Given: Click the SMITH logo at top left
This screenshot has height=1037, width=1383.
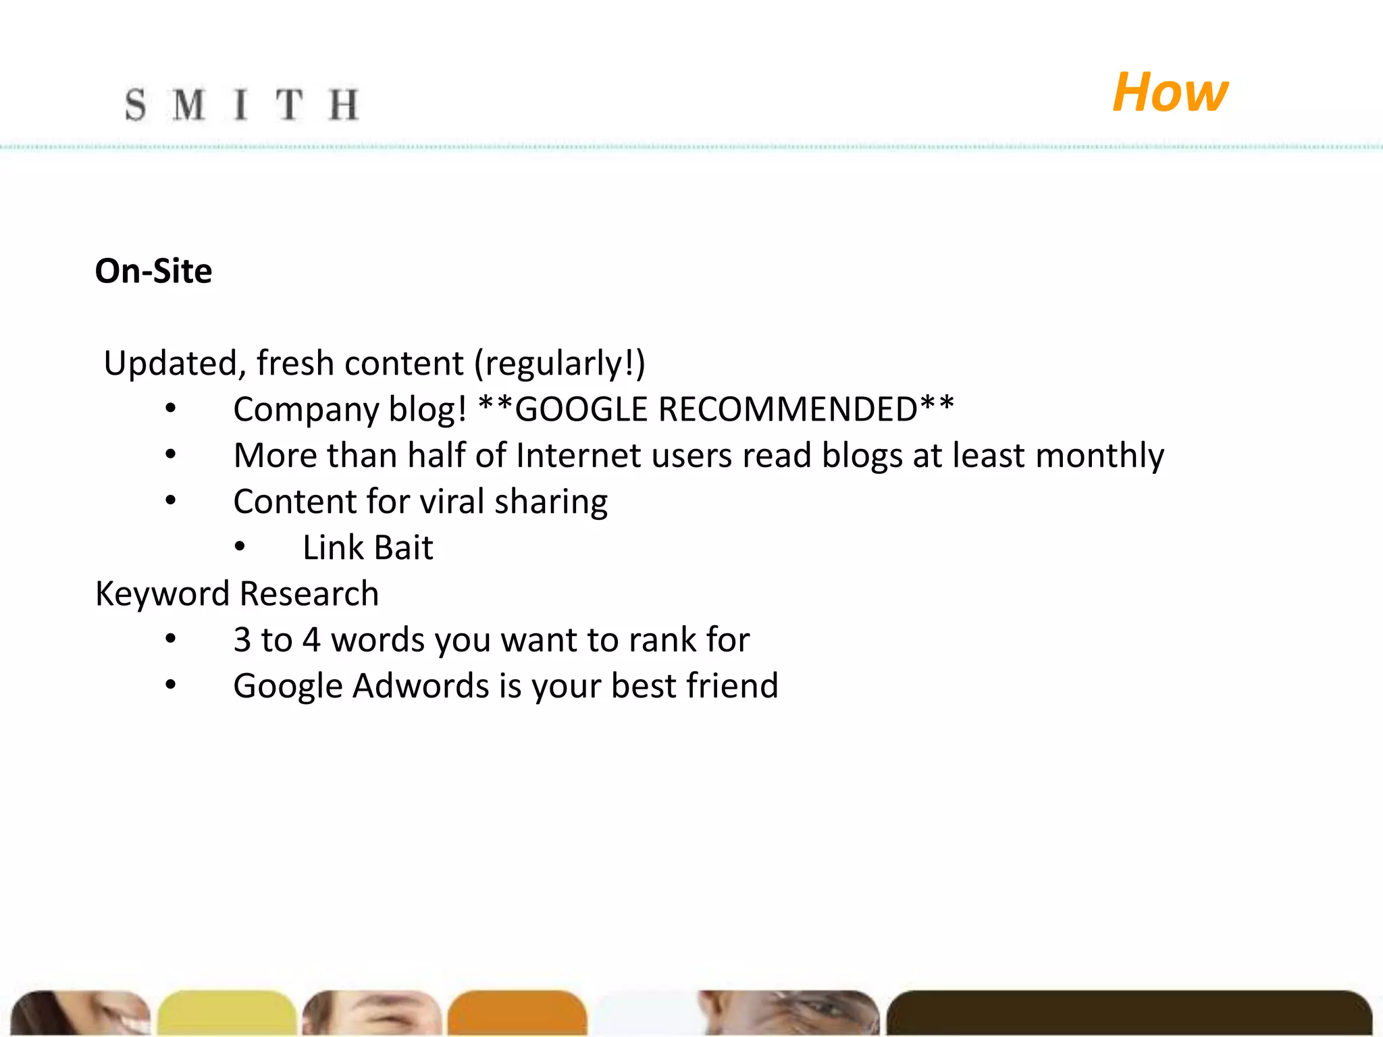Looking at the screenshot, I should coord(241,105).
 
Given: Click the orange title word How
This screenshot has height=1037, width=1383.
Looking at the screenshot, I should coord(1170,92).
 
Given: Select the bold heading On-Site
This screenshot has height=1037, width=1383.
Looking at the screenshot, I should coord(153,271).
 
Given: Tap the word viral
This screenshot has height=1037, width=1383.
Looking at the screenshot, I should coord(452,502).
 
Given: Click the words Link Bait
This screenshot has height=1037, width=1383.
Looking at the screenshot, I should coord(367,548).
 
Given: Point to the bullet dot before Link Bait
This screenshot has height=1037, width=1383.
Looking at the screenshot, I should coord(240,548).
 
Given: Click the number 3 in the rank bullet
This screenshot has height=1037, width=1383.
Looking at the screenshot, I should coord(242,640).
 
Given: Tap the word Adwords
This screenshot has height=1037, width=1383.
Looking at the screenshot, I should coord(420,686).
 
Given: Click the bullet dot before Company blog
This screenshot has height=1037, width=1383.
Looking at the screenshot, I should coord(171,409).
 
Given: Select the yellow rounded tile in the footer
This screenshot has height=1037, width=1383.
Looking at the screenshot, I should coord(227,1013).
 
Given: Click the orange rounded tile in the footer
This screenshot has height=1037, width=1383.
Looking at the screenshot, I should coord(517,1013).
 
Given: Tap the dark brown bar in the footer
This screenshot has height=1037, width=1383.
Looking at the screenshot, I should coord(1128,1013).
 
